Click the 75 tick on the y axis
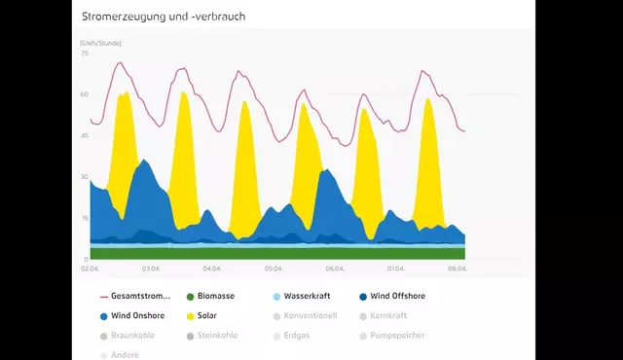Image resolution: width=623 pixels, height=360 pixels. [85, 54]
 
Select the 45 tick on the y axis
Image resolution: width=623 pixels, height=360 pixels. [85, 135]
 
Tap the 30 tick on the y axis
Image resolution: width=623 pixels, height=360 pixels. [85, 177]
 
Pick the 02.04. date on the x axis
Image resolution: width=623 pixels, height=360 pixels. [90, 269]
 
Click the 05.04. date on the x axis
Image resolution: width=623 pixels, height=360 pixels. [274, 269]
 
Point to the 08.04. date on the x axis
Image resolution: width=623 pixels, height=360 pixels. [458, 269]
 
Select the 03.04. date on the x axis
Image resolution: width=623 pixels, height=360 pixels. [151, 269]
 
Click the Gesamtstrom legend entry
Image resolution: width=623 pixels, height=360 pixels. [141, 296]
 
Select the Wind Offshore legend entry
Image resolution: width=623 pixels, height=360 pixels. [397, 296]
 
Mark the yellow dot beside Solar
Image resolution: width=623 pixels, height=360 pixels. [190, 316]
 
